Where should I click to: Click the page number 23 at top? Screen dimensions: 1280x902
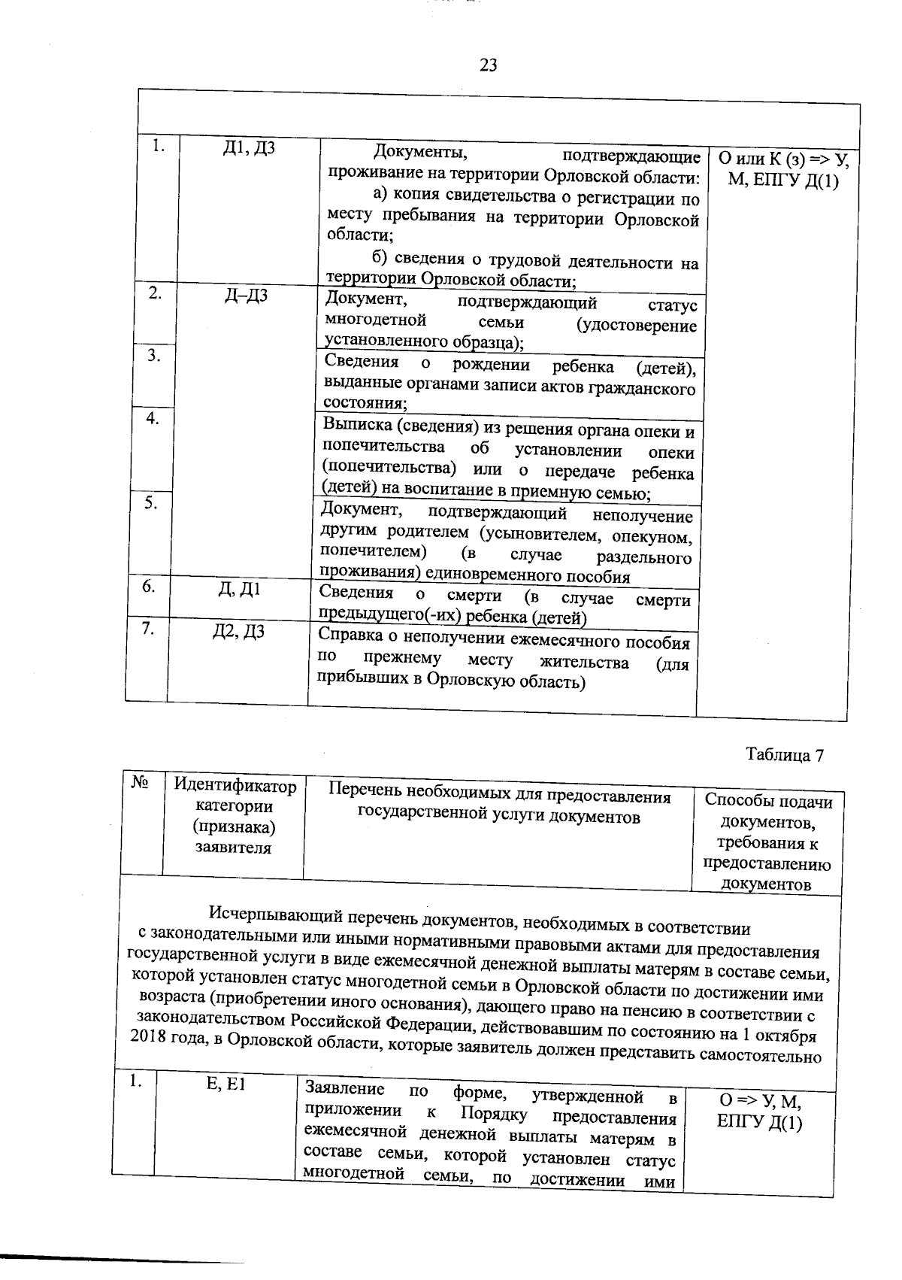488,65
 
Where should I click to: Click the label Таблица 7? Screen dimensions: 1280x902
784,755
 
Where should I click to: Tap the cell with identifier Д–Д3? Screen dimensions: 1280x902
247,296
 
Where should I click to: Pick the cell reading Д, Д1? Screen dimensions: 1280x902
239,590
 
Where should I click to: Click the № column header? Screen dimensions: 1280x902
140,783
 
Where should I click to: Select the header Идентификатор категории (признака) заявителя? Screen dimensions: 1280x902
235,816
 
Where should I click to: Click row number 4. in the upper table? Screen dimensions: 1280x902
152,418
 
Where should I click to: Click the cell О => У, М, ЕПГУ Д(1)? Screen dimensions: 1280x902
759,1112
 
